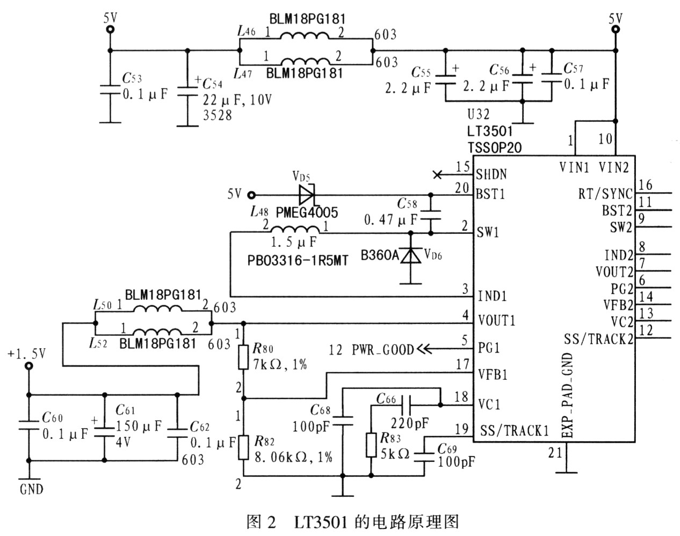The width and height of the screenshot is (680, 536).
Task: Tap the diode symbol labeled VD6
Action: click(x=411, y=255)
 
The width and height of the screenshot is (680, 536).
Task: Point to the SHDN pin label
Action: click(x=491, y=174)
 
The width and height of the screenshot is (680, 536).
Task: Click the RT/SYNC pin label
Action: click(x=605, y=194)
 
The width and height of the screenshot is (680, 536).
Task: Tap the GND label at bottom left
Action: click(x=32, y=489)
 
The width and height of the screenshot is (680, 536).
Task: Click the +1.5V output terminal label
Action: click(x=27, y=354)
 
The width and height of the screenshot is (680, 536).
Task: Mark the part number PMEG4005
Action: click(x=307, y=213)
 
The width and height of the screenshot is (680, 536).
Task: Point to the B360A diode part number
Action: click(x=380, y=256)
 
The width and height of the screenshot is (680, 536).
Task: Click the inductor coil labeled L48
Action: click(x=293, y=231)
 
